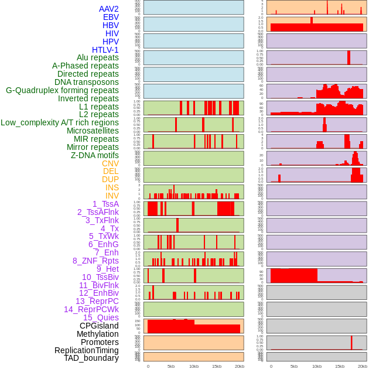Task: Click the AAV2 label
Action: (109, 9)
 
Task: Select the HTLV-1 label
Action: (105, 50)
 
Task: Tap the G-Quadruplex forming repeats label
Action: (62, 90)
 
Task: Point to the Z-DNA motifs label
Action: (95, 155)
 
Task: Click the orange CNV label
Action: (110, 163)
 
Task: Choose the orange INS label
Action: (112, 187)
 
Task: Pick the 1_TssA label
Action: (105, 204)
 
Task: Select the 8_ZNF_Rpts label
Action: (95, 261)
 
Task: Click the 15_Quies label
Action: (101, 317)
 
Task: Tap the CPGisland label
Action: (99, 326)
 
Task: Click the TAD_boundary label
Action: (91, 358)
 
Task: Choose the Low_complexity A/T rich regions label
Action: (60, 122)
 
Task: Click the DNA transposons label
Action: (87, 82)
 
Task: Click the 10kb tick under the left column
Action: (194, 366)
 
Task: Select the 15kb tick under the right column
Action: (340, 366)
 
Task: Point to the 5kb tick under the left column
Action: (171, 366)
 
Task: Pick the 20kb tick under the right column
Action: (363, 366)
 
